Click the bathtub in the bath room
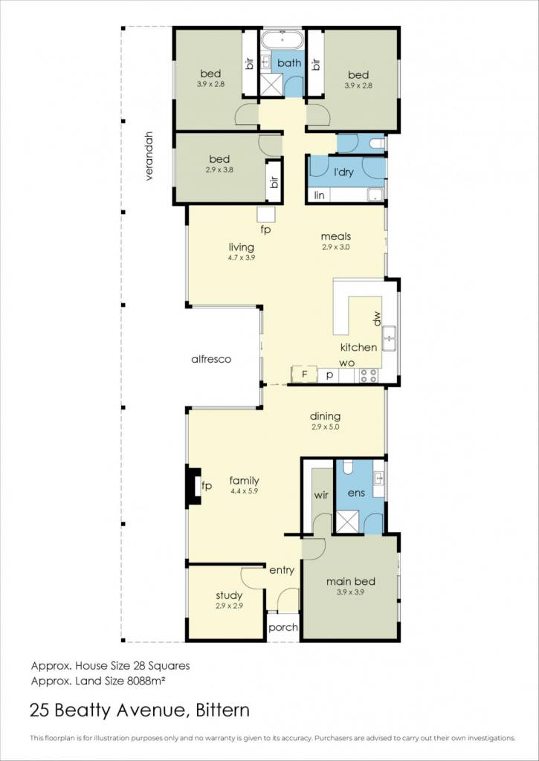[283, 39]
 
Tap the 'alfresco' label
[210, 360]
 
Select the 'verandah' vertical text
[149, 156]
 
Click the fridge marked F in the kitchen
[305, 375]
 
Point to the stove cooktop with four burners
[369, 375]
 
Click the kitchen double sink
[389, 338]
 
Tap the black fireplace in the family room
[194, 487]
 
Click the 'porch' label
[283, 627]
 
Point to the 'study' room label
[229, 595]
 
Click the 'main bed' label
[351, 581]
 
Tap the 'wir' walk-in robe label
[321, 496]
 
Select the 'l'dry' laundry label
[343, 172]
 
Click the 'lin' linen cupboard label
[319, 195]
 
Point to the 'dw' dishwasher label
[377, 319]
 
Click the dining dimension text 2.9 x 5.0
[326, 427]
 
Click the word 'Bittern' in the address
[222, 710]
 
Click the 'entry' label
[282, 571]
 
